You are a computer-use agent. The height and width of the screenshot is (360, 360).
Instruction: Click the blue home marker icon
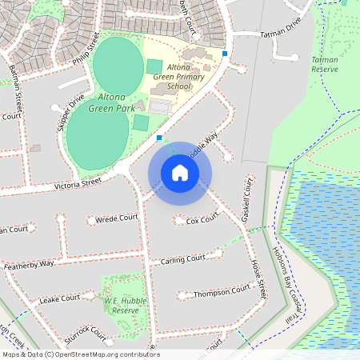tap(180, 173)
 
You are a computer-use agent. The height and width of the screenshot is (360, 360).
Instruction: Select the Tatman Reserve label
tap(324, 64)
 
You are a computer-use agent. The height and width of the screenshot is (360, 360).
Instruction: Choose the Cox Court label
tap(202, 218)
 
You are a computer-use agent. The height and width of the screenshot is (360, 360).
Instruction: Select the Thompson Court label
tap(218, 293)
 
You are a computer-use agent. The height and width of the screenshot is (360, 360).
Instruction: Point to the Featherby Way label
tap(29, 263)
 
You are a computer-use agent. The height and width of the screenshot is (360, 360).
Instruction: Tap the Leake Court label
tap(60, 298)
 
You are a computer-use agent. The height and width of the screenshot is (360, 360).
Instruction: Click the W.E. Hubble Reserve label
tap(122, 306)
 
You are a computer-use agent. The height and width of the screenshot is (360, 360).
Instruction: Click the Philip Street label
tap(89, 50)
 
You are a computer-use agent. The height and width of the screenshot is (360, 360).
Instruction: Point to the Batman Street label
tap(16, 83)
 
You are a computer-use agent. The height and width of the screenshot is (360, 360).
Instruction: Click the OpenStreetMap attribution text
tap(80, 354)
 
